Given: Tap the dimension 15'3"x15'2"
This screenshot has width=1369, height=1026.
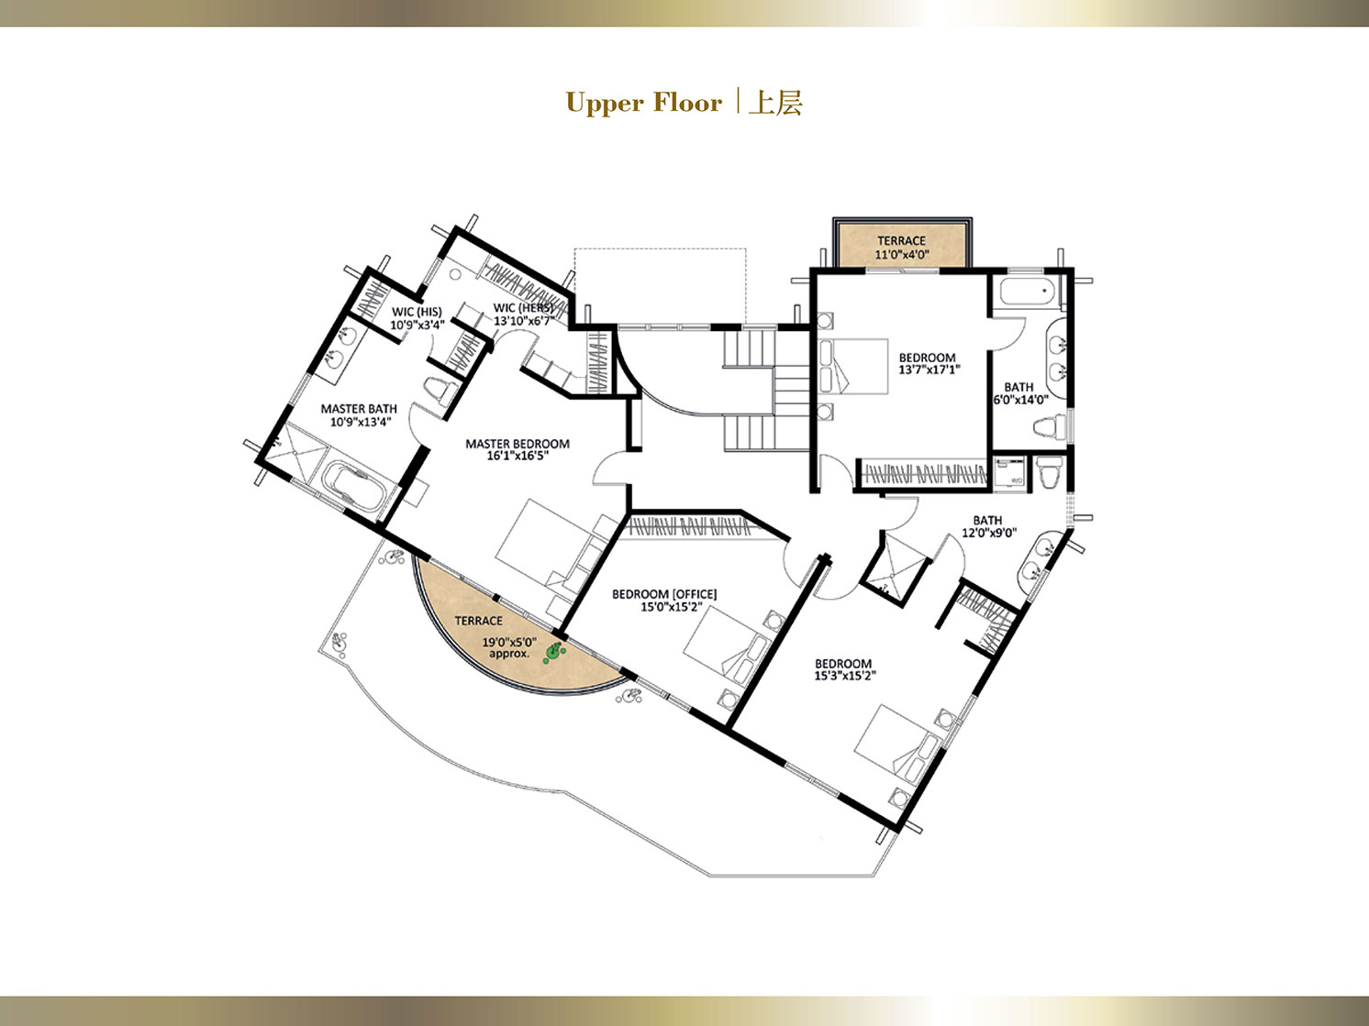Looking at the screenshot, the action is coord(845,676).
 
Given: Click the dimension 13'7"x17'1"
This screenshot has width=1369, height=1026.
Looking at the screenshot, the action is coord(929,370).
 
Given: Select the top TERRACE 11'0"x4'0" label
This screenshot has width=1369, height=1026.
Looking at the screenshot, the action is coord(902,248).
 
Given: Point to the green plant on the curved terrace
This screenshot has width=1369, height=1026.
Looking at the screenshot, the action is coord(553,652).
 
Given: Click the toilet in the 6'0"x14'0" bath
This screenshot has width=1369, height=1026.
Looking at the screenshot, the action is coord(1049,428).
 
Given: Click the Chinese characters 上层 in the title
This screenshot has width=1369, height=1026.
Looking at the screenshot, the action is coord(776,103).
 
